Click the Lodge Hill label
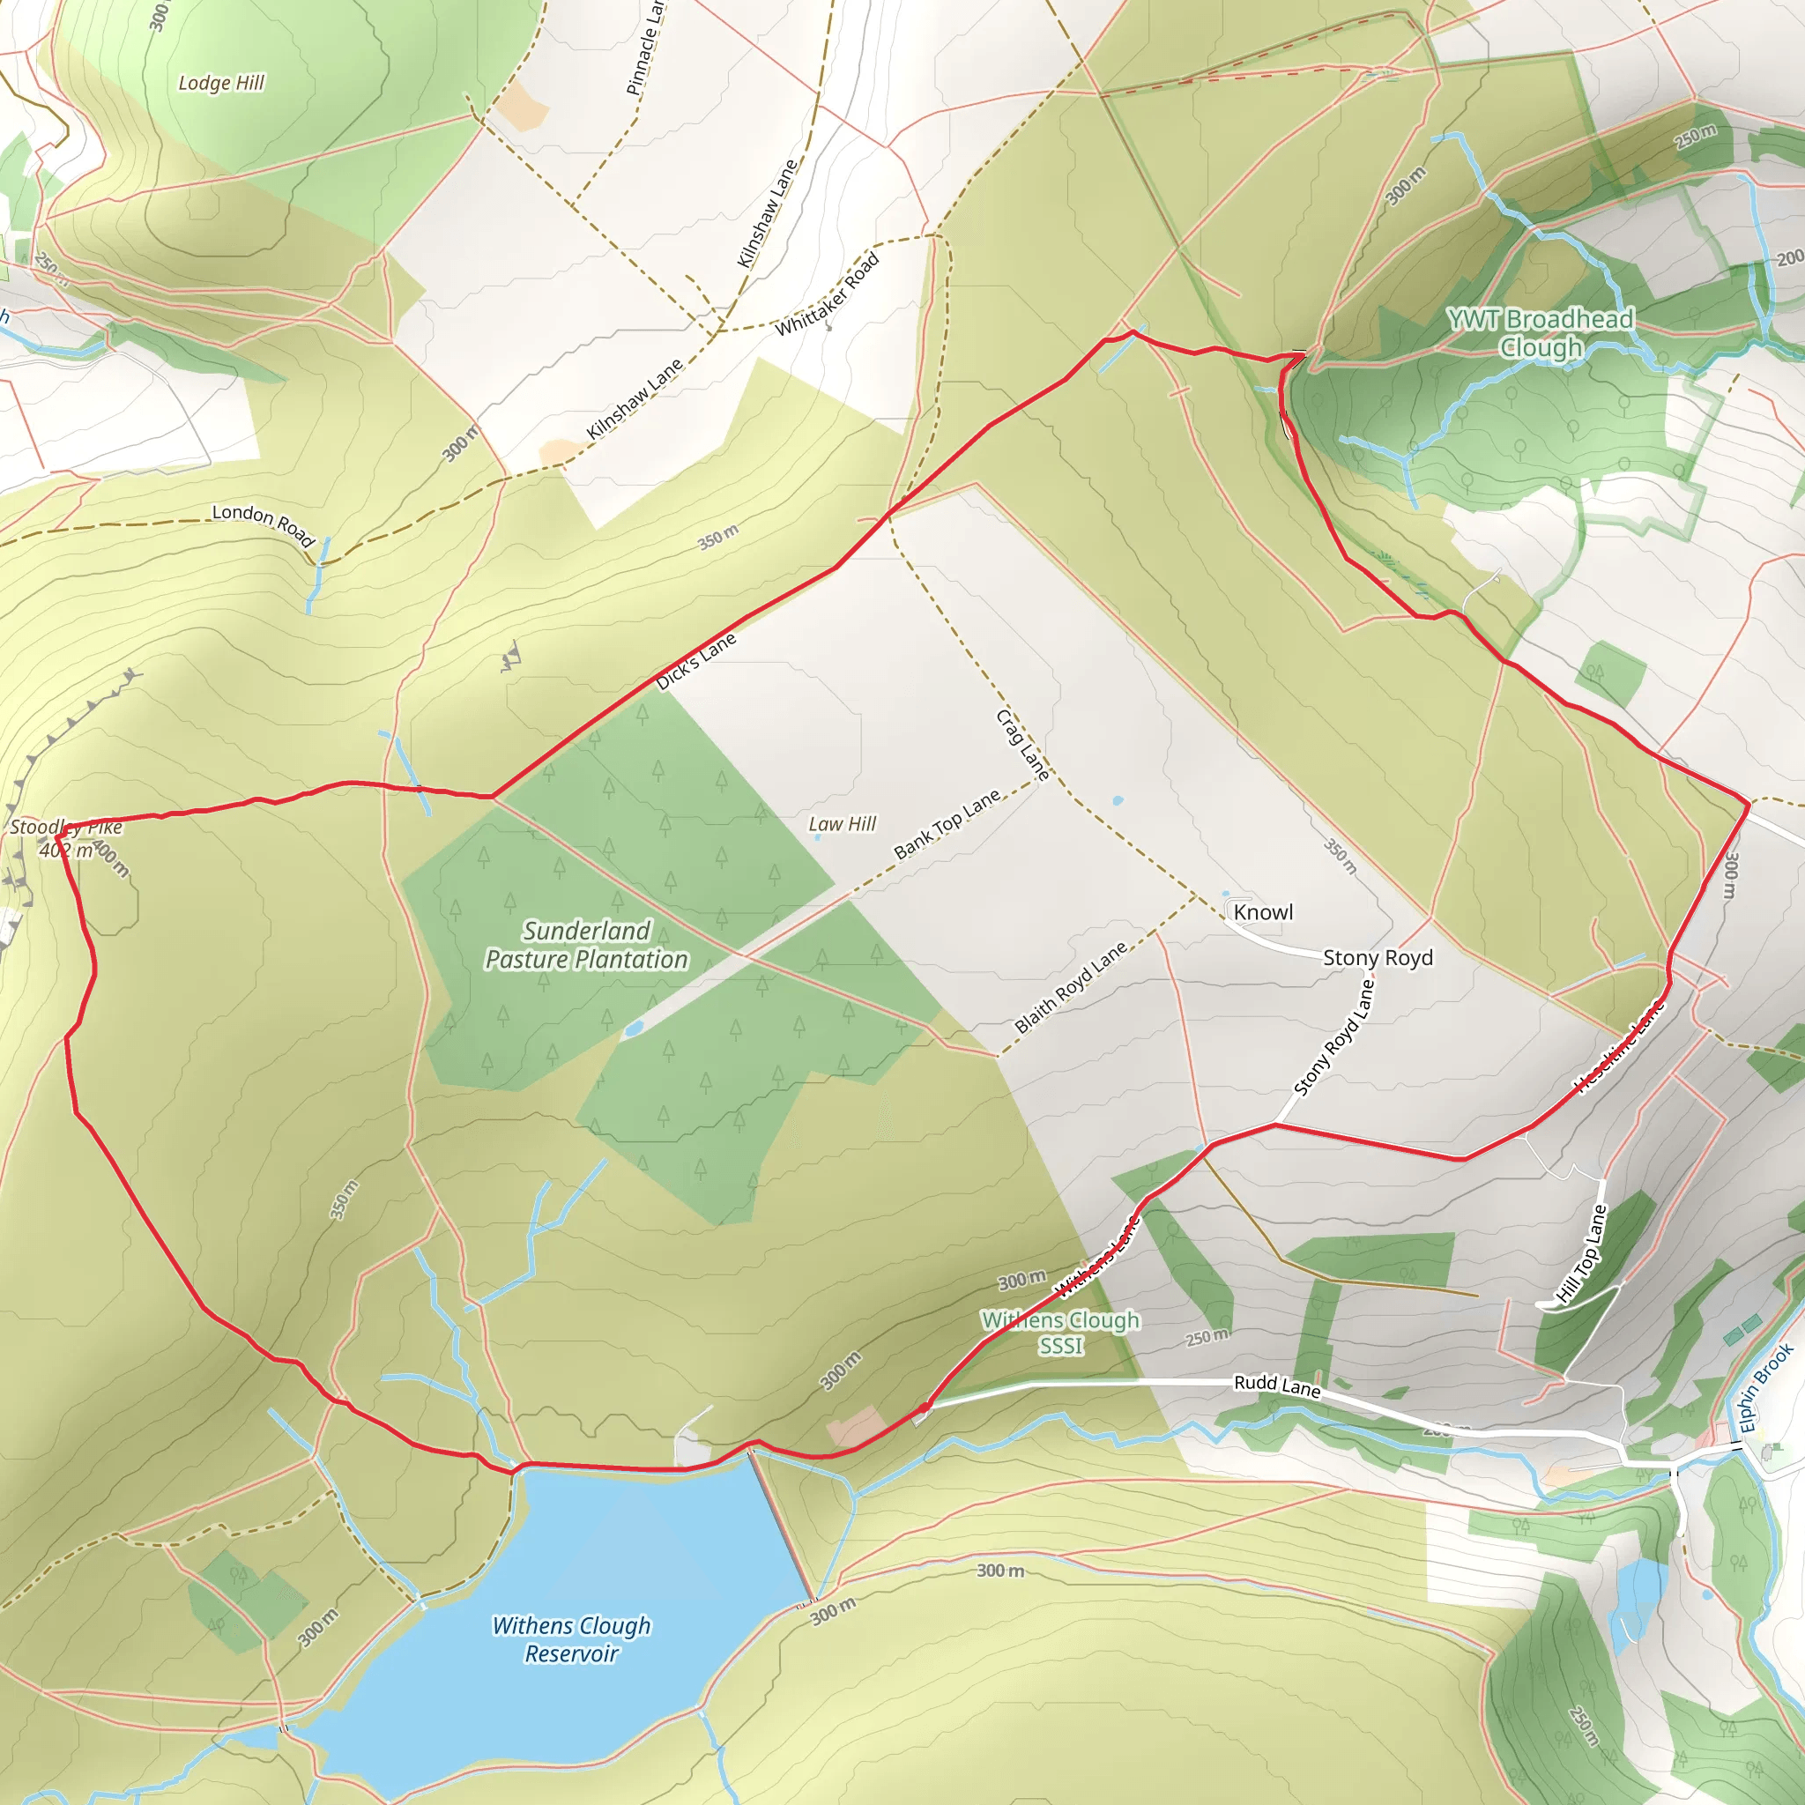coord(221,83)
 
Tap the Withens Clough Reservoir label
coord(571,1638)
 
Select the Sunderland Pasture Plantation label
coord(587,945)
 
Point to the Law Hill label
coord(842,823)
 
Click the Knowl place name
coord(1263,912)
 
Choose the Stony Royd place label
coord(1378,958)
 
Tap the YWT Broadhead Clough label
coord(1541,332)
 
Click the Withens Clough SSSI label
coord(1060,1333)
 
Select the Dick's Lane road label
coord(696,660)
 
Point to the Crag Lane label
coord(1023,745)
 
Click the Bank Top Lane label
coord(947,823)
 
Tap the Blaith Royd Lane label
coord(1071,986)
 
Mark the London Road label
coord(264,524)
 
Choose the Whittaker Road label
coord(828,293)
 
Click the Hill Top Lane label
coord(1581,1254)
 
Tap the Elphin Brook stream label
coord(1765,1387)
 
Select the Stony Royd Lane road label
coord(1334,1037)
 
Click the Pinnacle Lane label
coord(644,48)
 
